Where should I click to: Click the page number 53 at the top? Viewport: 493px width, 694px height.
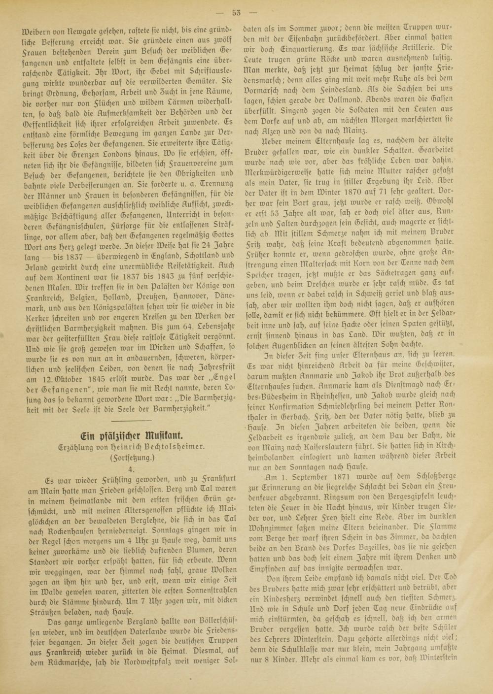tap(246, 13)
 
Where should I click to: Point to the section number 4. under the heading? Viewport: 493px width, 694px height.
tap(131, 470)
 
